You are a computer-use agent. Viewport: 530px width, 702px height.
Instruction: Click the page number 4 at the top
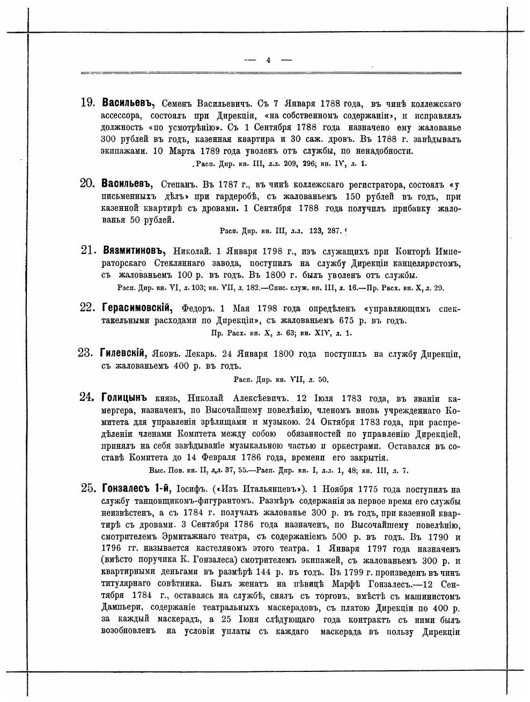tap(268, 60)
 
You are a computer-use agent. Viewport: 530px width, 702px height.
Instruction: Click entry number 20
tap(87, 184)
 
